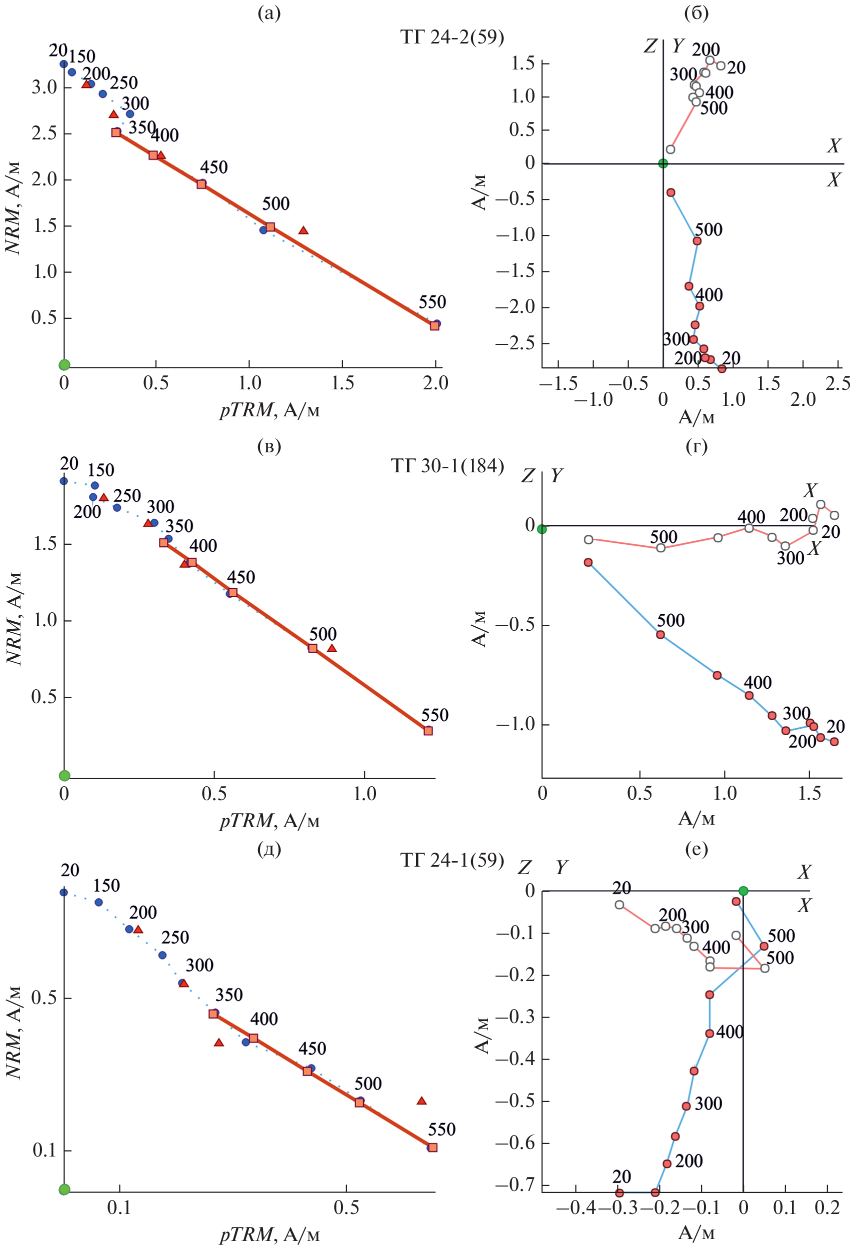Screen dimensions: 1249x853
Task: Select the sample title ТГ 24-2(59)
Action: [x=452, y=37]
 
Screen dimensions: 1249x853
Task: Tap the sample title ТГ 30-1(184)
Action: [x=447, y=465]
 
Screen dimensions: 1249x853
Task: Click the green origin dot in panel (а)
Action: [x=64, y=365]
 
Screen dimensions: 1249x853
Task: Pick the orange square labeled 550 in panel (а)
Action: [x=434, y=325]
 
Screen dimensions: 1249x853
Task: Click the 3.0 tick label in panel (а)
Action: [x=44, y=86]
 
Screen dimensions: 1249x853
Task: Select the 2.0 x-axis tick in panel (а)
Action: [x=435, y=383]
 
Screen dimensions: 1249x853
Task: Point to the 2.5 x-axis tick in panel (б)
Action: [x=837, y=383]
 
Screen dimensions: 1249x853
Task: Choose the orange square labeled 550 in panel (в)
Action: [x=428, y=730]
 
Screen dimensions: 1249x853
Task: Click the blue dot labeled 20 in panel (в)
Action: [x=64, y=480]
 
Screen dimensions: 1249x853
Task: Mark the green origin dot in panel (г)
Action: [x=542, y=529]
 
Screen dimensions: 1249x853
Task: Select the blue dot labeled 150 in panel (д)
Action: [x=98, y=902]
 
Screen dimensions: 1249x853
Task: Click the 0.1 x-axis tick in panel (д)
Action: [x=119, y=1207]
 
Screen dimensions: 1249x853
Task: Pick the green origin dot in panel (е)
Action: [x=743, y=891]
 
